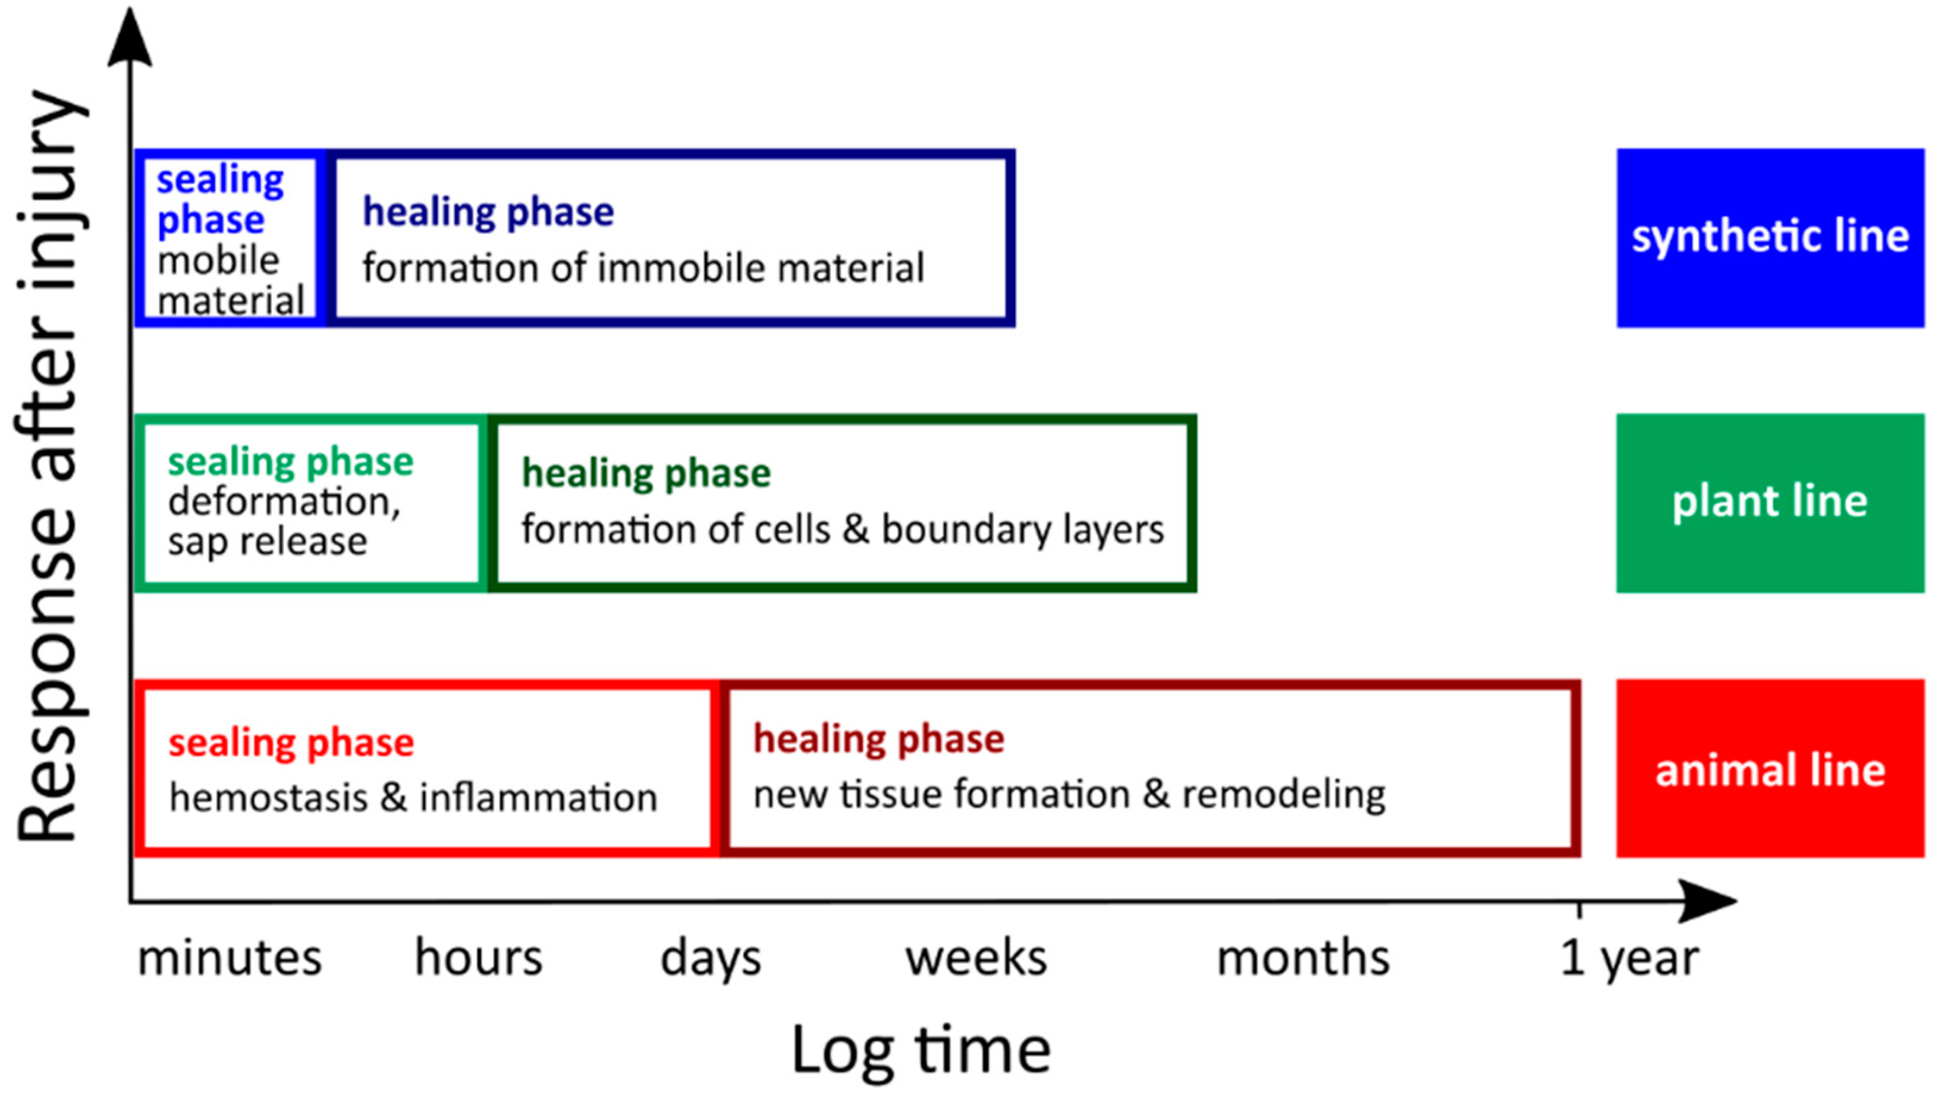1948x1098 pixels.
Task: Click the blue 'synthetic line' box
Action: click(x=1770, y=238)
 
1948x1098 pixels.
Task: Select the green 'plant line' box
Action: click(x=1770, y=503)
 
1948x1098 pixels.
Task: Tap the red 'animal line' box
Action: click(x=1770, y=768)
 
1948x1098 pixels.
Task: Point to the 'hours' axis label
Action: click(x=479, y=957)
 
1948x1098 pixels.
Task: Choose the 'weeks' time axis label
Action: click(x=976, y=957)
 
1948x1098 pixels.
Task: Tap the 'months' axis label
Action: click(x=1303, y=957)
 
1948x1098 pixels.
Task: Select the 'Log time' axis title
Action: click(x=921, y=1051)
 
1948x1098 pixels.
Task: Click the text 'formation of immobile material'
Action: click(x=643, y=268)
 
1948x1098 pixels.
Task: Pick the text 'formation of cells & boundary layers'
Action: click(x=843, y=529)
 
